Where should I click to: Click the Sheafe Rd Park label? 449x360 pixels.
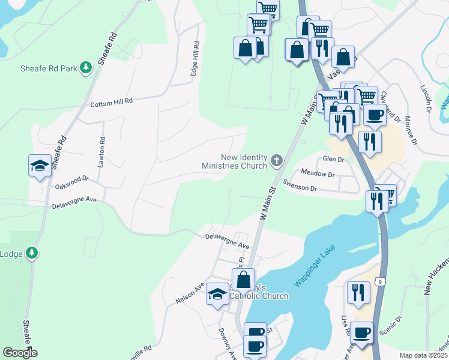tap(49, 68)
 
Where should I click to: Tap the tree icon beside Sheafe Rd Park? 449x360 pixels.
tap(86, 68)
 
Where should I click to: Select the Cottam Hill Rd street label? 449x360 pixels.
tap(110, 104)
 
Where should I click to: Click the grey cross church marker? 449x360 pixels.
tap(276, 160)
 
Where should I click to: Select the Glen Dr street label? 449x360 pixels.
tap(333, 160)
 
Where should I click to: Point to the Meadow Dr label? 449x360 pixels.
tap(318, 174)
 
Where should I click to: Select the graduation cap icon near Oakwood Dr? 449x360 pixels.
tap(40, 166)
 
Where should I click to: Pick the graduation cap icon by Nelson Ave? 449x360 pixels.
tap(217, 293)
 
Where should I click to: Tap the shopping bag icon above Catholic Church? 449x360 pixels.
tap(243, 279)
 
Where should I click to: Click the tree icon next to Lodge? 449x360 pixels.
tap(33, 253)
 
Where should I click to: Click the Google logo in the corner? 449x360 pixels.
tap(20, 353)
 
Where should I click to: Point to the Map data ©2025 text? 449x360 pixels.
tap(423, 355)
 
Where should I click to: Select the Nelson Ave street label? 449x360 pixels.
tap(190, 293)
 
